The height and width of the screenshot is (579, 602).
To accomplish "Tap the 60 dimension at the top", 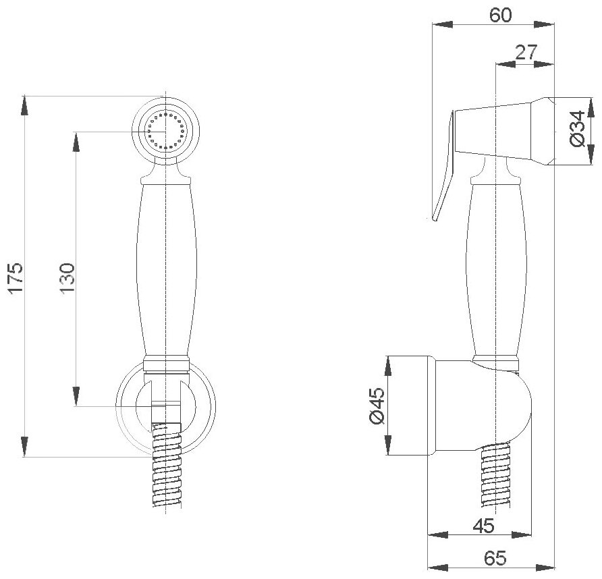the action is coord(501,16).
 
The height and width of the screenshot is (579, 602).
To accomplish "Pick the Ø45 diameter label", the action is coord(377,406).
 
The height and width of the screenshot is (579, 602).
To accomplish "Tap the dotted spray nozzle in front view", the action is coord(165,130).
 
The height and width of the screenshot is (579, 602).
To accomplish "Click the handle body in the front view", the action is coord(165,270).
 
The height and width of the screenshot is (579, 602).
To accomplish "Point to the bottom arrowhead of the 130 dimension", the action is coord(76,399).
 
